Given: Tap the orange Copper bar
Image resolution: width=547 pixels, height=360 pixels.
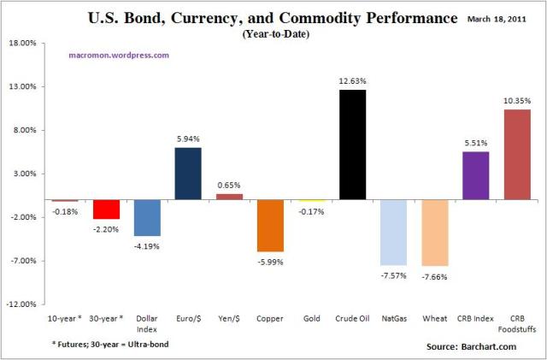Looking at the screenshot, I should [x=270, y=226].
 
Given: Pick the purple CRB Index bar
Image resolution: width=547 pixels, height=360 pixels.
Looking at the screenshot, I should [x=475, y=175].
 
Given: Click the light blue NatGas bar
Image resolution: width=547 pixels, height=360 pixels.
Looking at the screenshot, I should [x=393, y=233].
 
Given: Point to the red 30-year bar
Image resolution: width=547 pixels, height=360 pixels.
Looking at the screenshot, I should [x=106, y=210].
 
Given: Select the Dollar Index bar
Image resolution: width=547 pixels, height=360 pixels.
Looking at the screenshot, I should [x=147, y=218].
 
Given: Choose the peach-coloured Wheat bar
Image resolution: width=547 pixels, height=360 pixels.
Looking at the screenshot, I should [x=434, y=233].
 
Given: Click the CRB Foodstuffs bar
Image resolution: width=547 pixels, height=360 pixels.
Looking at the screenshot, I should [x=516, y=155].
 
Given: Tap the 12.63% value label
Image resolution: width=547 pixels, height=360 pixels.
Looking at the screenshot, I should [x=352, y=81].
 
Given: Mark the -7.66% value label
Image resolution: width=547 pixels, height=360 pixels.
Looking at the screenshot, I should [x=434, y=276].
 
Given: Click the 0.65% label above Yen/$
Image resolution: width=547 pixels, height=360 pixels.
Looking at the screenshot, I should [x=229, y=186].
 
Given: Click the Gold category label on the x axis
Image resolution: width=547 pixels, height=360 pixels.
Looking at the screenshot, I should [x=311, y=318].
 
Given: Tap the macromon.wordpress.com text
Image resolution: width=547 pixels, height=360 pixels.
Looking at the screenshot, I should [x=118, y=55].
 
